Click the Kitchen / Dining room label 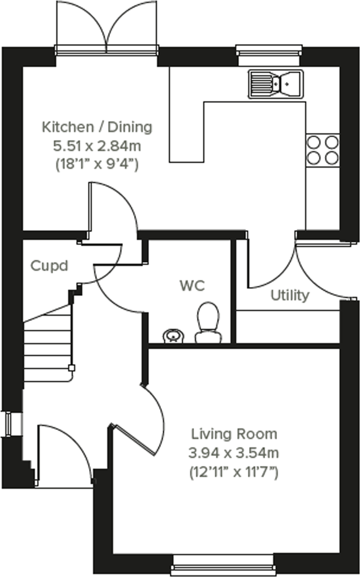pyautogui.click(x=97, y=127)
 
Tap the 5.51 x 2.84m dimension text pyautogui.click(x=97, y=145)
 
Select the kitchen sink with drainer pyautogui.click(x=276, y=83)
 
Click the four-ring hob pyautogui.click(x=322, y=150)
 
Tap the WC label pyautogui.click(x=192, y=285)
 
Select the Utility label pyautogui.click(x=290, y=295)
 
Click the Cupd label pyautogui.click(x=49, y=265)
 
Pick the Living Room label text pyautogui.click(x=234, y=434)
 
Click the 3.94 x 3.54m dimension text pyautogui.click(x=234, y=453)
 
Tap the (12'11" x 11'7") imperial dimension pyautogui.click(x=234, y=472)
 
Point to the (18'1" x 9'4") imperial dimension pyautogui.click(x=97, y=164)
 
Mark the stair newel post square pyautogui.click(x=71, y=368)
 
